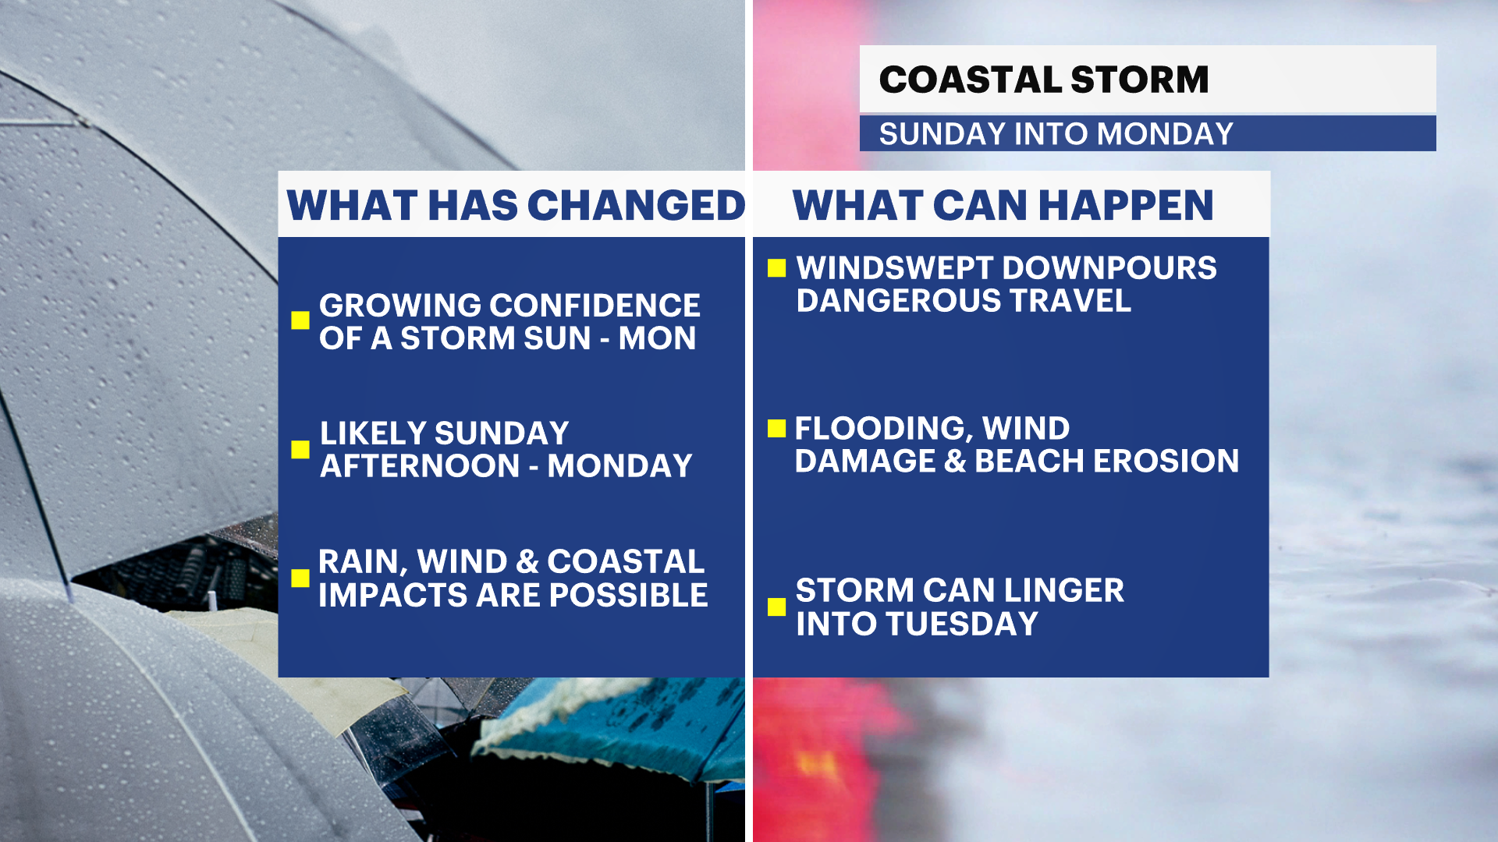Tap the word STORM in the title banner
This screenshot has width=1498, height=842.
point(1140,80)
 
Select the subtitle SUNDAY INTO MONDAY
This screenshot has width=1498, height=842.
point(1056,134)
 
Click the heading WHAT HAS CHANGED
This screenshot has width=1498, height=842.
point(516,205)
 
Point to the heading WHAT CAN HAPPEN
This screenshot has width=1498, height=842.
point(1003,205)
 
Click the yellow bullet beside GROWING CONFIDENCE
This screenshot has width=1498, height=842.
point(300,320)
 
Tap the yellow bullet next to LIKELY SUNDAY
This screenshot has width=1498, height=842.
point(300,449)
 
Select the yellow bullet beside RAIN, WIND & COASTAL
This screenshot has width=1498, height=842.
point(300,578)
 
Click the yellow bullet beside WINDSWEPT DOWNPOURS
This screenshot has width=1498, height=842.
point(776,268)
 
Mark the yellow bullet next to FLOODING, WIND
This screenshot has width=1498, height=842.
point(776,428)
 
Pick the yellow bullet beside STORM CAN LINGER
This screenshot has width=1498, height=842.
point(776,607)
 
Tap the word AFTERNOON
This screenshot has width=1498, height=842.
point(421,466)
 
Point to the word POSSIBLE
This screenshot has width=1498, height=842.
point(628,596)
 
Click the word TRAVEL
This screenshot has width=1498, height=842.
point(1070,301)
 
